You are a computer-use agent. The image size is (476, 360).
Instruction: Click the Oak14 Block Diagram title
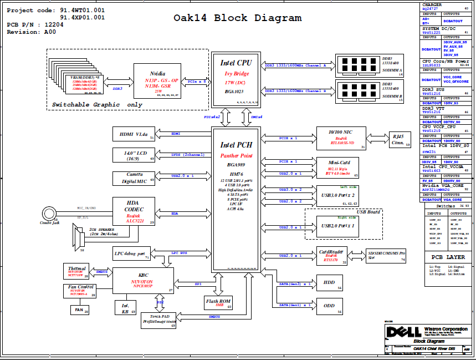click(238, 18)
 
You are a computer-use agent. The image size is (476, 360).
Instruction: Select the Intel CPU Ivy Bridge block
click(236, 79)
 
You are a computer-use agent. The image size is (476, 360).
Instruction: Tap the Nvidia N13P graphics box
click(157, 80)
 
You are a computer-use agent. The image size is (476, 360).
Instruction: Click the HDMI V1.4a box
click(134, 134)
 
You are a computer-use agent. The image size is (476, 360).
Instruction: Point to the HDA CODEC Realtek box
click(134, 211)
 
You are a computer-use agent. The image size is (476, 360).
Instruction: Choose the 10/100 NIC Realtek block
click(340, 138)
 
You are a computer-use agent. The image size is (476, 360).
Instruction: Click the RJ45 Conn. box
click(398, 139)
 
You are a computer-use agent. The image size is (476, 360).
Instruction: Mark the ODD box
click(329, 306)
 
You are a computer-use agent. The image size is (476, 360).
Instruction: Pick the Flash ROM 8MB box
click(218, 302)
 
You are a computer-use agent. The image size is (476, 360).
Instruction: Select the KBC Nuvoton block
click(143, 280)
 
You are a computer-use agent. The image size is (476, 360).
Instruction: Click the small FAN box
click(80, 310)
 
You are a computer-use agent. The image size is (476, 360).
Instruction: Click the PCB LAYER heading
click(448, 257)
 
